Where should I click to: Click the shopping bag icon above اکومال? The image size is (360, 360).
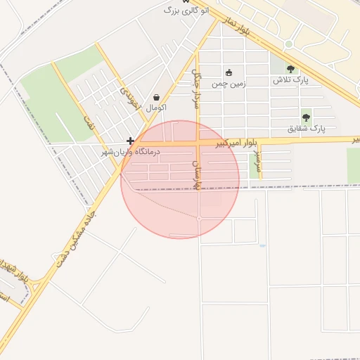[156, 98]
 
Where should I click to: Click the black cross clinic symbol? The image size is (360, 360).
[130, 141]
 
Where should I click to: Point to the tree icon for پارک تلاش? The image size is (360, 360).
[290, 69]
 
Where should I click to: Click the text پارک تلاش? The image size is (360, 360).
[291, 80]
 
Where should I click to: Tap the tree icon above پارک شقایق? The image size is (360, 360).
[306, 117]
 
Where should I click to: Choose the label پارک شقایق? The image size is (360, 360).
[307, 129]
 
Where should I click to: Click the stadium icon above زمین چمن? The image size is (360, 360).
[228, 72]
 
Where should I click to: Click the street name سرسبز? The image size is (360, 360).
[258, 160]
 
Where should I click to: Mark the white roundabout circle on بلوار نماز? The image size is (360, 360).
[288, 44]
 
